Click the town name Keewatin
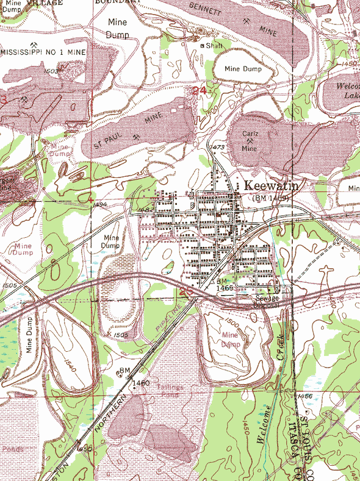tap(271, 186)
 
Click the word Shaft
tap(215, 46)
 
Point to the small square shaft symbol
tap(204, 46)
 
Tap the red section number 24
tap(198, 91)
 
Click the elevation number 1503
tap(51, 71)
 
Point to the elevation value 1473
tap(217, 148)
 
